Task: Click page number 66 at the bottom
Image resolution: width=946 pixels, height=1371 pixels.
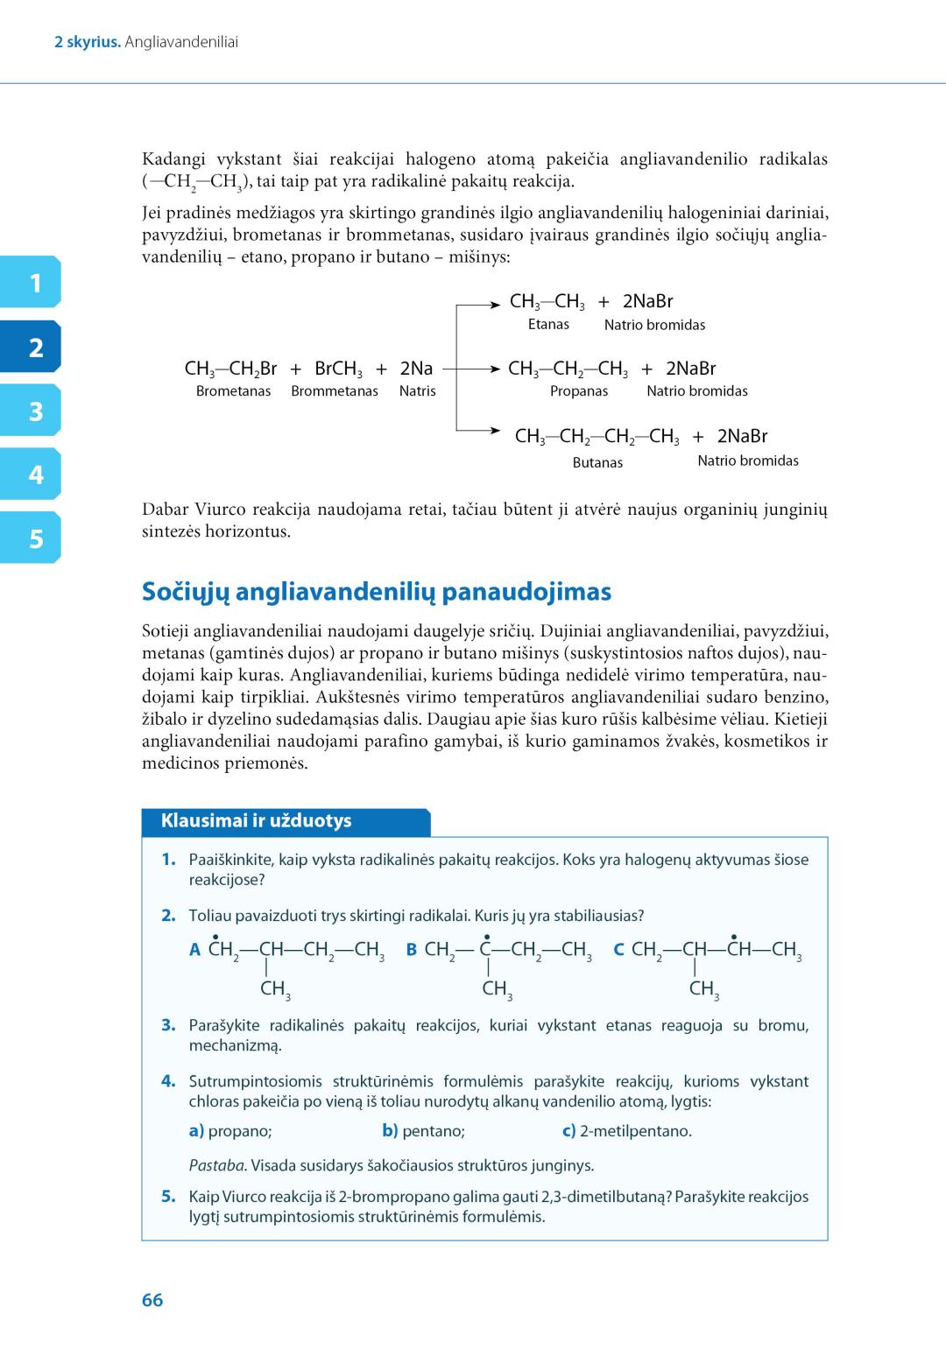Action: tap(152, 1300)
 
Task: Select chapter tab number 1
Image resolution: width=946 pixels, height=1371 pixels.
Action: tap(34, 283)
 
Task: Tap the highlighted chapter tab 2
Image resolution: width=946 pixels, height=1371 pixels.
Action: tap(34, 348)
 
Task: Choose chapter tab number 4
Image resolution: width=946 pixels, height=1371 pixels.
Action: tap(34, 475)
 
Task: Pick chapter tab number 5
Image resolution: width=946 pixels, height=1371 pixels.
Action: tap(34, 538)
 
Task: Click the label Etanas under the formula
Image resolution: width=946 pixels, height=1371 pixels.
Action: tap(548, 324)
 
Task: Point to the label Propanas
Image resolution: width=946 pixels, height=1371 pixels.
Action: tap(578, 391)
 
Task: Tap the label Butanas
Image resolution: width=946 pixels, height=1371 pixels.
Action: tap(597, 462)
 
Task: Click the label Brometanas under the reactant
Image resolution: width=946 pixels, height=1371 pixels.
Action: tap(233, 391)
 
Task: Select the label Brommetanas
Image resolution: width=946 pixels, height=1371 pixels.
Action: tap(335, 391)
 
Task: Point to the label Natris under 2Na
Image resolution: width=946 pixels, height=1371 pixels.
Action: tap(417, 391)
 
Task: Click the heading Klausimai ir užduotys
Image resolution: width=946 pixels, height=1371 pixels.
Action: tap(256, 821)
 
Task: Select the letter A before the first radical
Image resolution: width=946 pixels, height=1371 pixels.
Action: tap(195, 950)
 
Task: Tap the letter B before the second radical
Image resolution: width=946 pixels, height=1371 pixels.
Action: tap(412, 950)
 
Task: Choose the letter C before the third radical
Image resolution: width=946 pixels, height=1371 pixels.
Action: tap(618, 950)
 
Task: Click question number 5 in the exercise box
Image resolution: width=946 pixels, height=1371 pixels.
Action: tap(168, 1197)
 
